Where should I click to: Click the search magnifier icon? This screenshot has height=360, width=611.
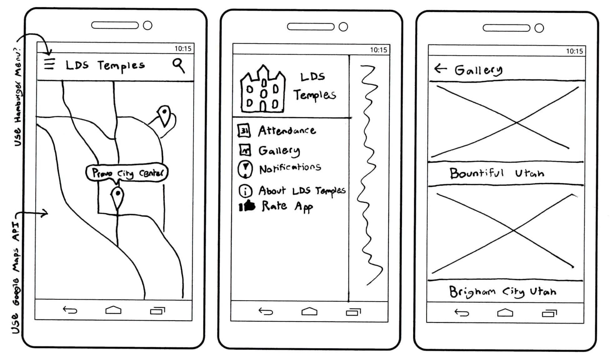[178, 66]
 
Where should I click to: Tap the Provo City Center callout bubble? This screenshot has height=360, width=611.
[127, 172]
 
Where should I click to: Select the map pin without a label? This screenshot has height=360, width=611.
[164, 115]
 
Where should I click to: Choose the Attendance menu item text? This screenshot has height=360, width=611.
[287, 131]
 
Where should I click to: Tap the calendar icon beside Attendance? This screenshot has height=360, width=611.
[244, 131]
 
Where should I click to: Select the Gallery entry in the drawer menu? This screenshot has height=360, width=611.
[279, 151]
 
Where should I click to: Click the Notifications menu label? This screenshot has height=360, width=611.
[290, 168]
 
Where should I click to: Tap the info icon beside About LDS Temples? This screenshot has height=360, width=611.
[245, 191]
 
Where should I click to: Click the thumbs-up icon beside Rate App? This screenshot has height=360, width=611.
[247, 206]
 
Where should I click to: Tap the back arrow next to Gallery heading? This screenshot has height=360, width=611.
[441, 68]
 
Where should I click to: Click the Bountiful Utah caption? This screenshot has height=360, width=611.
[497, 173]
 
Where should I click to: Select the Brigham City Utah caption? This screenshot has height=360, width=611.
[503, 292]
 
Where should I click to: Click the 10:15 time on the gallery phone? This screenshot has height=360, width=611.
[574, 51]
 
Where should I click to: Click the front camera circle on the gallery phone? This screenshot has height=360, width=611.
[539, 28]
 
